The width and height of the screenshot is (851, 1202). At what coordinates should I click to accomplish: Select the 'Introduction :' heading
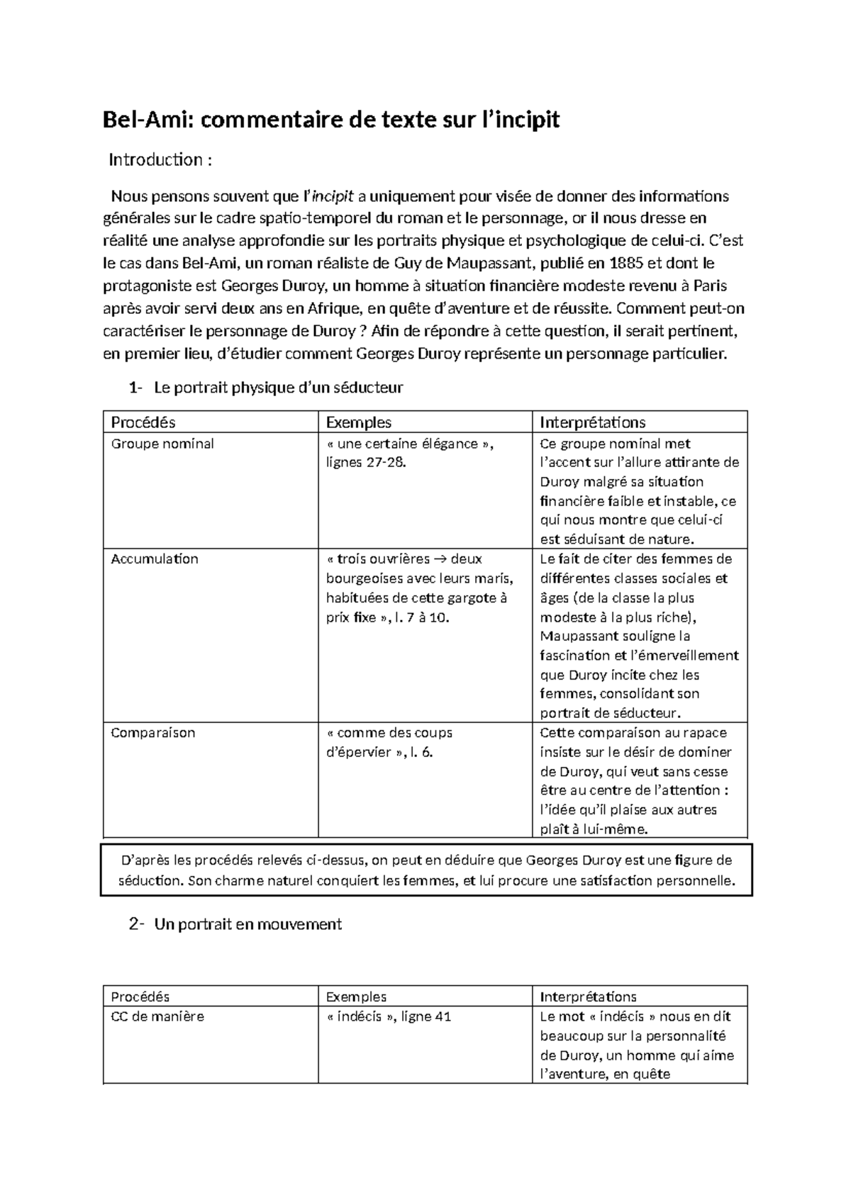point(160,160)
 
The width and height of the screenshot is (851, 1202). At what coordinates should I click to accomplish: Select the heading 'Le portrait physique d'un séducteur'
point(278,388)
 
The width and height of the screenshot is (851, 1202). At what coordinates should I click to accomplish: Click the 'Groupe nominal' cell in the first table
point(162,444)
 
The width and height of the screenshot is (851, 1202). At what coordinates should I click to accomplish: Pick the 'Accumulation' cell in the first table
point(155,559)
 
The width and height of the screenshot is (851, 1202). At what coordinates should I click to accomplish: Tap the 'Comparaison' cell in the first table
point(152,733)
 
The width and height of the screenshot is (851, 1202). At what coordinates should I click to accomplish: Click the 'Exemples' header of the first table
point(358,423)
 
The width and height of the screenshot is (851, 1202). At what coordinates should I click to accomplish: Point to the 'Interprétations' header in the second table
point(588,996)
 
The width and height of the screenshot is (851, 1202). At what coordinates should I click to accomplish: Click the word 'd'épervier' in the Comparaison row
point(358,753)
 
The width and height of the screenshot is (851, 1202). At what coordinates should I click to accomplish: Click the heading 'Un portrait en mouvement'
point(247,924)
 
